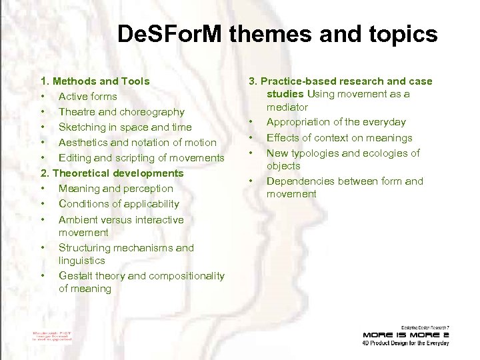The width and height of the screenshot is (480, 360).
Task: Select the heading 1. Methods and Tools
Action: click(x=95, y=81)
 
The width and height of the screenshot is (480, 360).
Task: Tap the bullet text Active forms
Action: click(x=88, y=97)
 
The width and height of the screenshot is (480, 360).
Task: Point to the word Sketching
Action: click(x=82, y=127)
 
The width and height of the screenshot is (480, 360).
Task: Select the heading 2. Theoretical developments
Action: click(x=112, y=173)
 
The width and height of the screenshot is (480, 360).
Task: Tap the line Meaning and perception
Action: click(x=116, y=189)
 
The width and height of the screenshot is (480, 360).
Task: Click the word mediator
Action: click(x=287, y=107)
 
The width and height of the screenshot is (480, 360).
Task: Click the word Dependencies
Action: click(x=301, y=181)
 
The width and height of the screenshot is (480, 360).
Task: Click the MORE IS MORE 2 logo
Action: click(x=405, y=334)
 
